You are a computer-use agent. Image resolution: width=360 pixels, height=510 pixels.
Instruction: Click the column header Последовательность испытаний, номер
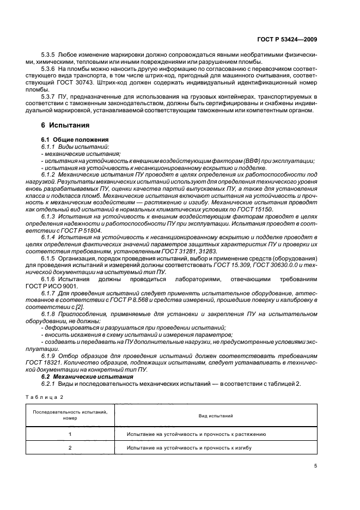[70, 416]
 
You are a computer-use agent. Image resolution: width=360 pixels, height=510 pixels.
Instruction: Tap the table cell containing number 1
[70, 434]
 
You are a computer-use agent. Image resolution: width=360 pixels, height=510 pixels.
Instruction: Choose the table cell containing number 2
[70, 448]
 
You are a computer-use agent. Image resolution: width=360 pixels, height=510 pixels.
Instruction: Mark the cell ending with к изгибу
[188, 448]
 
